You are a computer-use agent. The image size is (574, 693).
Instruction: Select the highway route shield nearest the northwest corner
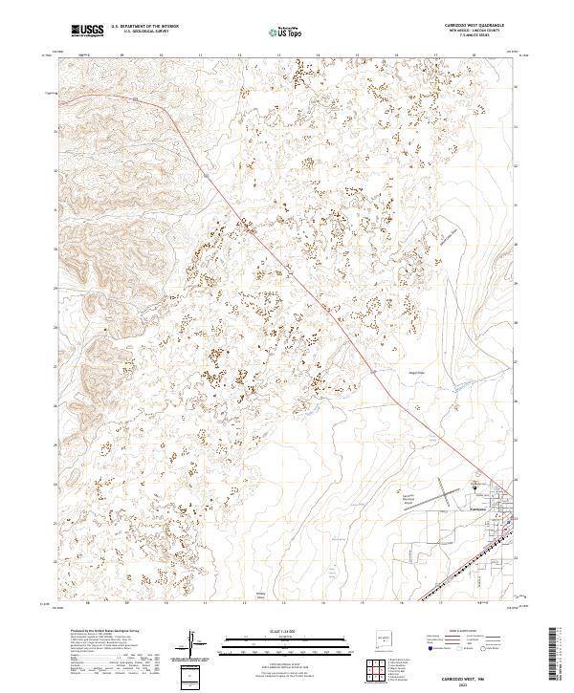coord(137,98)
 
